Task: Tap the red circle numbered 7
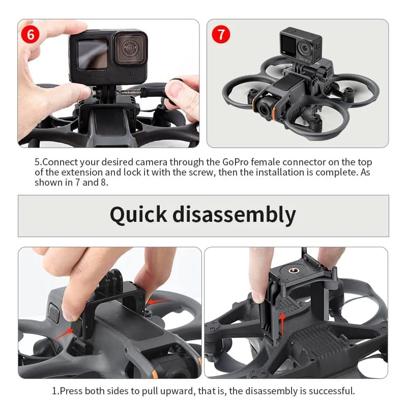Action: [x=221, y=35]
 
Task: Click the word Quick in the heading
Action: [x=138, y=215]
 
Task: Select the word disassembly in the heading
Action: [x=234, y=215]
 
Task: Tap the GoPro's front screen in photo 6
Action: [x=92, y=53]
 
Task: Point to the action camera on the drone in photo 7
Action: [x=300, y=44]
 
